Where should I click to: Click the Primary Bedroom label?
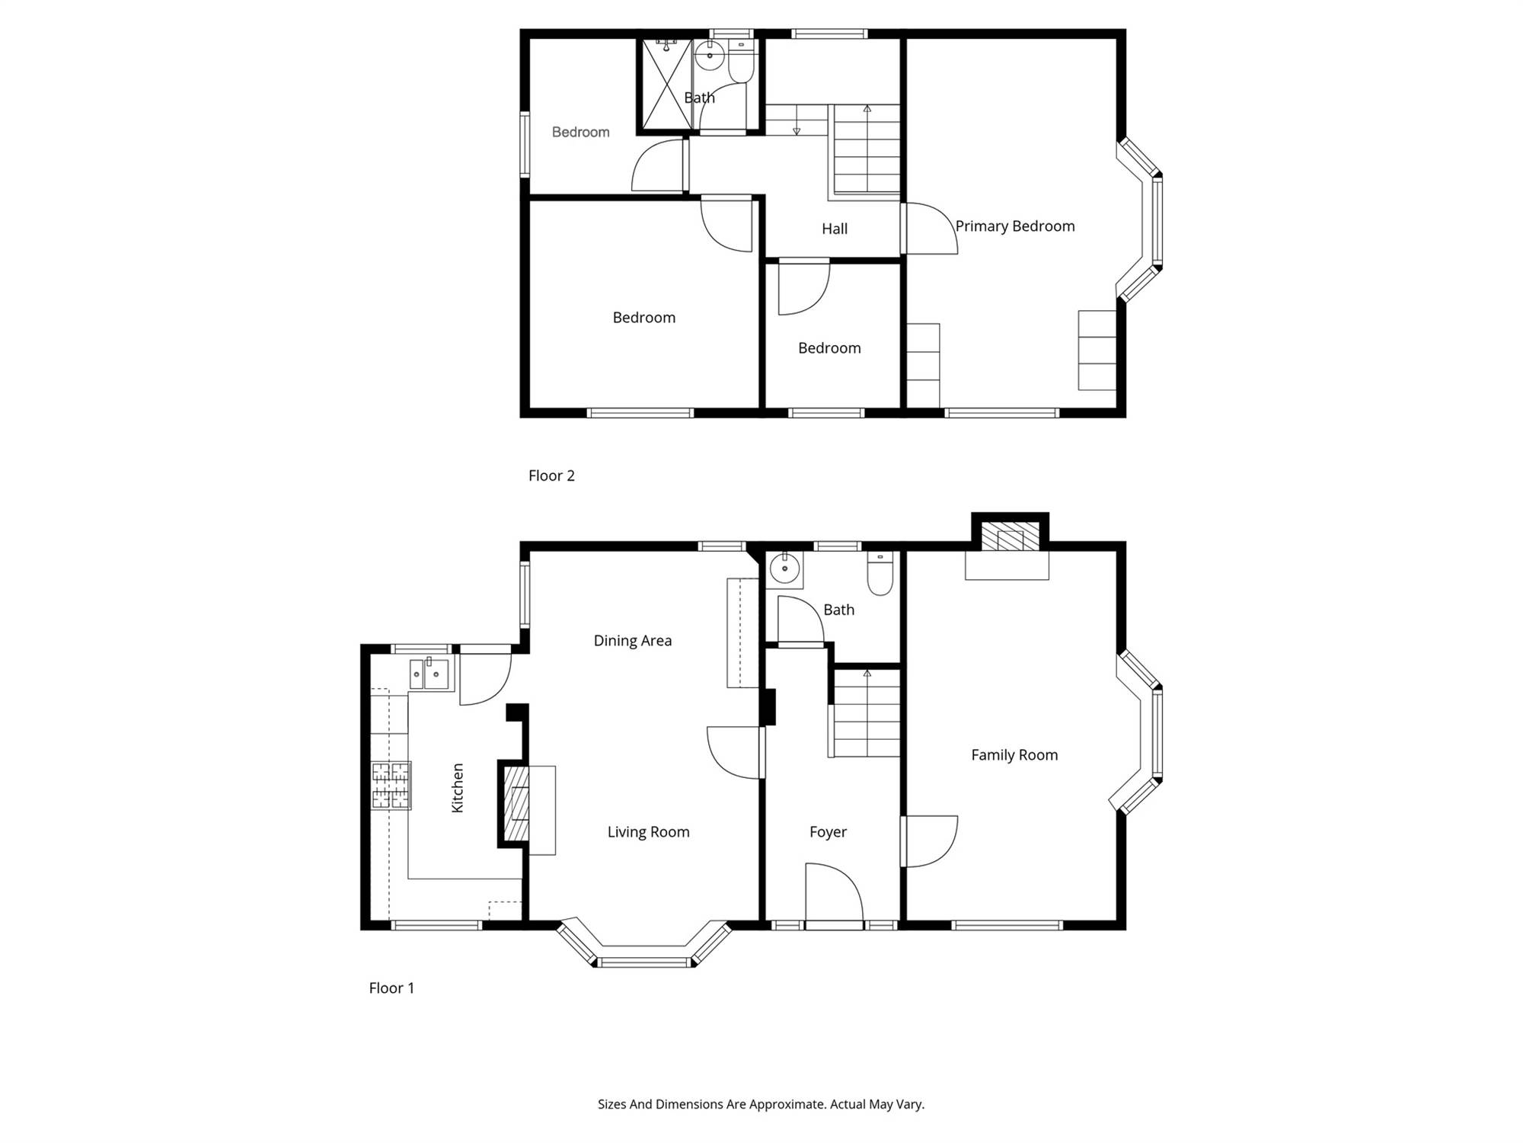(x=1015, y=226)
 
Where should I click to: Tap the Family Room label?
(x=1014, y=755)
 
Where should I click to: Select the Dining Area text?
(x=633, y=641)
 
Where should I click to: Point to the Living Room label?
(x=648, y=832)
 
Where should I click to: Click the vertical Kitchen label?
(x=458, y=788)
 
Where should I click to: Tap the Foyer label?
(x=828, y=832)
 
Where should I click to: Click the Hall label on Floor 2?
(x=835, y=229)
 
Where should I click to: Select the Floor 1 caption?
(x=391, y=988)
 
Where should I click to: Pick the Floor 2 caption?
(x=551, y=475)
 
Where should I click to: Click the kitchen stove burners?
(x=391, y=785)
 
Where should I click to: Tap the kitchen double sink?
(x=429, y=674)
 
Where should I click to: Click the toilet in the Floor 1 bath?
(x=880, y=574)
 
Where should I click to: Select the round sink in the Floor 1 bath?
(x=784, y=568)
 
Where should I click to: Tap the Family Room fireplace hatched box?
(x=1010, y=536)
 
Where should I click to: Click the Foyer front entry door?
(x=834, y=895)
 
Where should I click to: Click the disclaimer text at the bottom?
(x=761, y=1104)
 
